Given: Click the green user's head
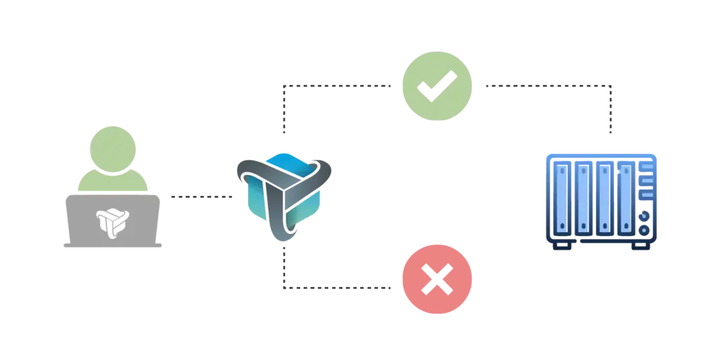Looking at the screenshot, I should point(112,144).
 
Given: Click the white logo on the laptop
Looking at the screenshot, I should point(112,221).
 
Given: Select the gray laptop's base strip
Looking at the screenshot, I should point(112,243).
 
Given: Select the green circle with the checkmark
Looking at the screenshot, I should point(436,86).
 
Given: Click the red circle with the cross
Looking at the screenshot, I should point(436,280).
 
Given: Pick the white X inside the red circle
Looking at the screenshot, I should point(437,281).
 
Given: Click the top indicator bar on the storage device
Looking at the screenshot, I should point(646,167).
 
